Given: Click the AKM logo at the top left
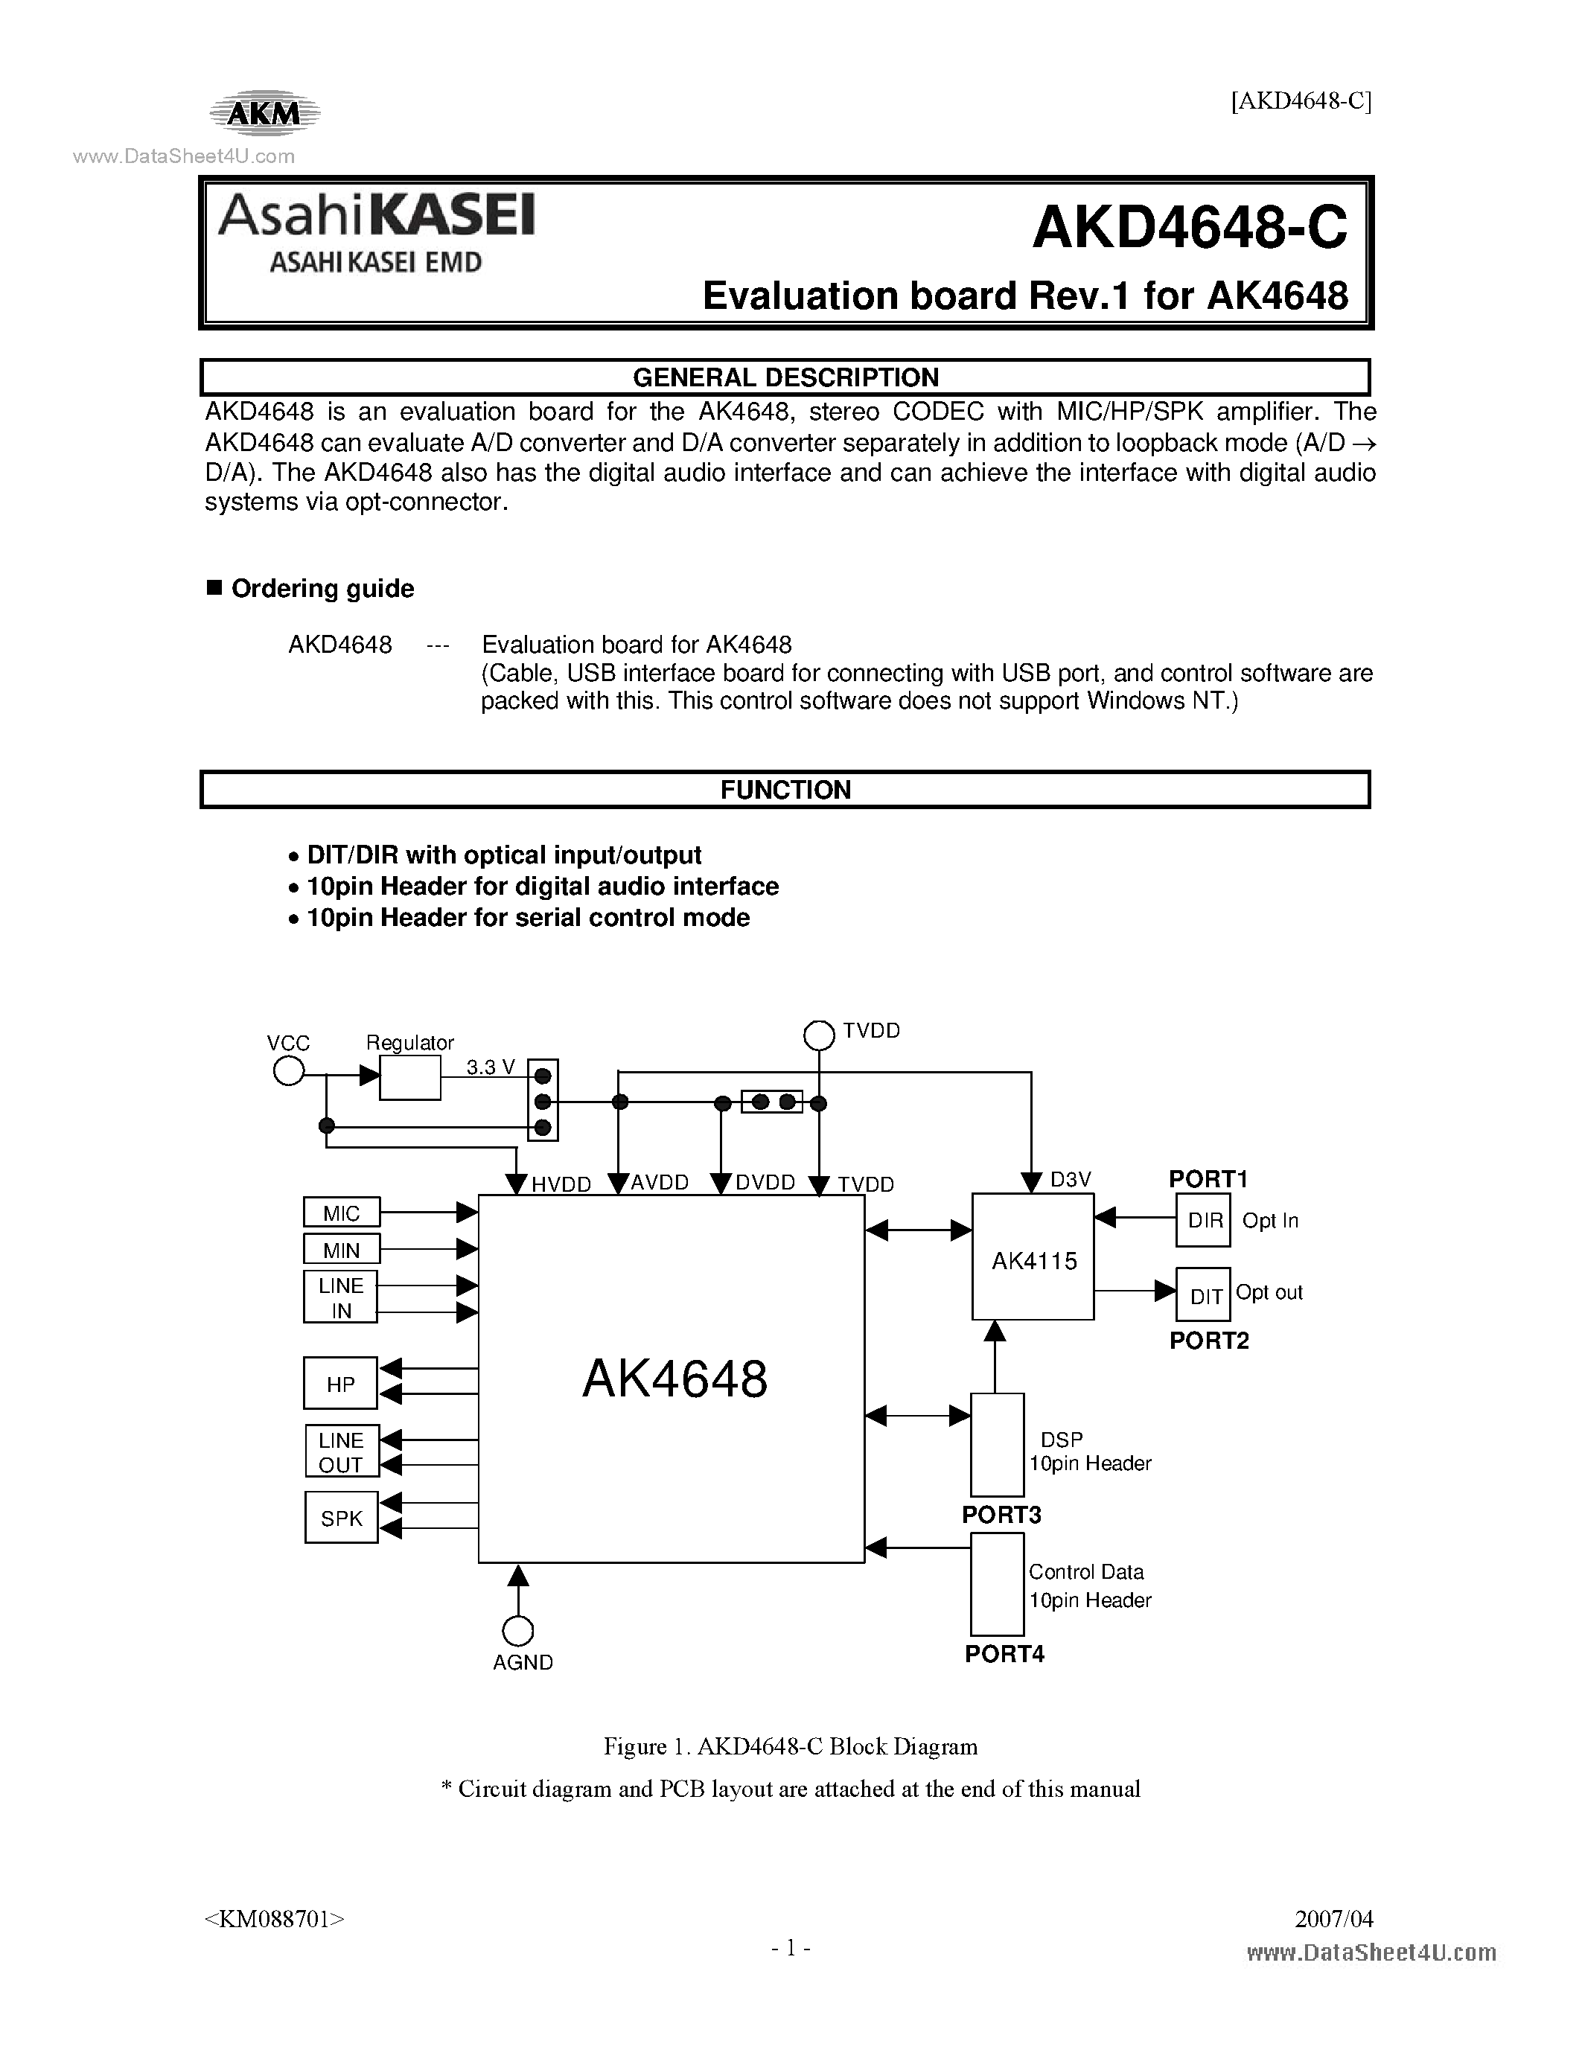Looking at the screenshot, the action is pyautogui.click(x=264, y=113).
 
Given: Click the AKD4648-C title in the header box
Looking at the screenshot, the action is pyautogui.click(x=1188, y=228).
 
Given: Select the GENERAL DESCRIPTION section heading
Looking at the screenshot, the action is pyautogui.click(x=785, y=377).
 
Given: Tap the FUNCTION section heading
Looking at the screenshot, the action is pyautogui.click(x=785, y=790).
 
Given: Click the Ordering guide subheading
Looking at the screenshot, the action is pyautogui.click(x=322, y=589).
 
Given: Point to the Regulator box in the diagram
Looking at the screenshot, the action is pyautogui.click(x=409, y=1078).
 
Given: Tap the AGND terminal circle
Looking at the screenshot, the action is pyautogui.click(x=518, y=1632).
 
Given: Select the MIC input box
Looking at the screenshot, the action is pyautogui.click(x=341, y=1213).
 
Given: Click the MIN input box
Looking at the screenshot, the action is pyautogui.click(x=341, y=1249).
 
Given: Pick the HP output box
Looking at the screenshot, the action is pyautogui.click(x=340, y=1384).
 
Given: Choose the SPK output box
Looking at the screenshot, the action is pyautogui.click(x=341, y=1518).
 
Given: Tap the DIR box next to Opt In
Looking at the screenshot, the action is pyautogui.click(x=1203, y=1220).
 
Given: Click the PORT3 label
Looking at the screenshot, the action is pyautogui.click(x=1001, y=1515).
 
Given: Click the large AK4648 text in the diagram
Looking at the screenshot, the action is pyautogui.click(x=674, y=1379).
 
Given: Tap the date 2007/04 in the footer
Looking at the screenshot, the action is pyautogui.click(x=1333, y=1918).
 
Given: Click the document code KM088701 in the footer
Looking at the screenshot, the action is pyautogui.click(x=274, y=1918).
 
